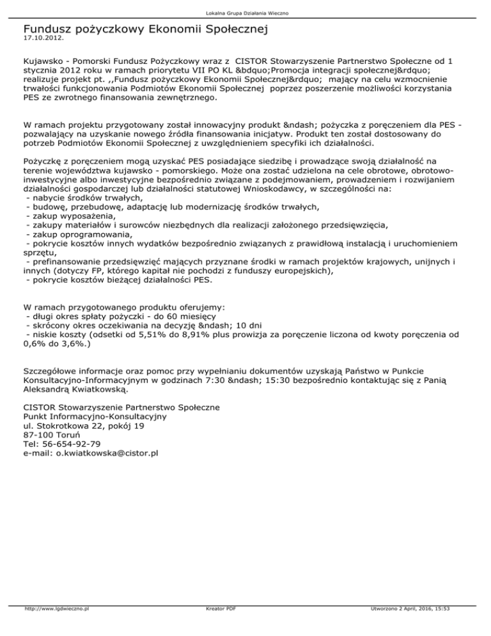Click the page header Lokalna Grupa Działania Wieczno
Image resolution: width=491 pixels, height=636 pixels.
click(245, 13)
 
